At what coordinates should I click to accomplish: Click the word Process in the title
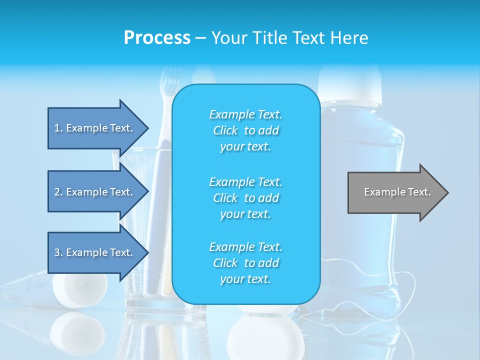coord(157,38)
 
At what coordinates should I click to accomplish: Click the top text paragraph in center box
coord(245,130)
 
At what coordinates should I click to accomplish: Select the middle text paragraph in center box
coord(245,198)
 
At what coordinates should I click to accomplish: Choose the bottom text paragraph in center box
coord(245,263)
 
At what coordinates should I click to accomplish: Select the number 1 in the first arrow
coord(56,128)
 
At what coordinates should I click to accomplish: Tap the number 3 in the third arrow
coord(56,252)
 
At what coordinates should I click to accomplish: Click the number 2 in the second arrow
coord(56,192)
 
